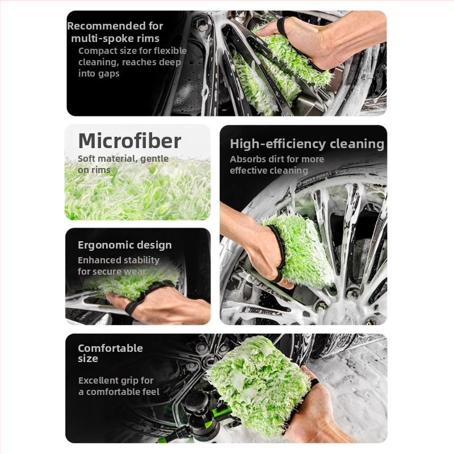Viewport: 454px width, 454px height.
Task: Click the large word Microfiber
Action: click(129, 141)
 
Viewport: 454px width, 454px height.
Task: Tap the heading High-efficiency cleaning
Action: click(307, 144)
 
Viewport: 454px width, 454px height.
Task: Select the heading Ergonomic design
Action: click(125, 245)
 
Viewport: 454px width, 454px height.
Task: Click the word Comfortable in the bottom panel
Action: click(110, 348)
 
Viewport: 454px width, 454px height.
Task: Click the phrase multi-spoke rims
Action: click(115, 39)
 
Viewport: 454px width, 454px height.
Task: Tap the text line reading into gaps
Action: click(99, 74)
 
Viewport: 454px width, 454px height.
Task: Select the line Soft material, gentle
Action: click(123, 159)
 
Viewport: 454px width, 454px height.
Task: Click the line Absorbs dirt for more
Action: click(277, 159)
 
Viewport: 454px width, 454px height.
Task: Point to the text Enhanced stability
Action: click(119, 260)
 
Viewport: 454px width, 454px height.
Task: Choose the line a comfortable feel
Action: click(119, 392)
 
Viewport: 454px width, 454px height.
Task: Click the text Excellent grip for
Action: click(116, 380)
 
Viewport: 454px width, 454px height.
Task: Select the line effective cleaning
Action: click(268, 171)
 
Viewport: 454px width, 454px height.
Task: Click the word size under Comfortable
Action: click(88, 359)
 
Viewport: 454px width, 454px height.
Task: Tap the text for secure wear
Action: click(112, 272)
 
